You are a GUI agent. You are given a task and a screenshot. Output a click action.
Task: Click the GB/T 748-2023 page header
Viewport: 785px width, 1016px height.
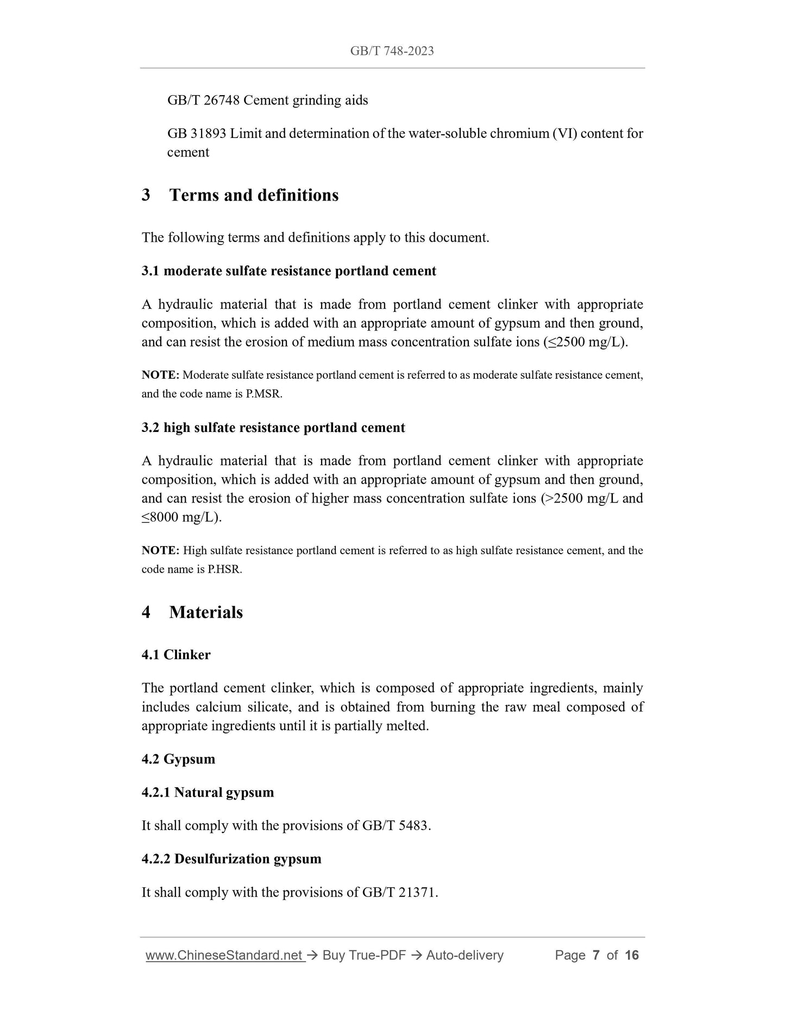click(392, 51)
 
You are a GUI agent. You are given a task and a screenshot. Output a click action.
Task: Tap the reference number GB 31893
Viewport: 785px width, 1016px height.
click(196, 134)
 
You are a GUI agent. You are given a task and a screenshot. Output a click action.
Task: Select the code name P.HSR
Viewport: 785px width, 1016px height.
click(224, 569)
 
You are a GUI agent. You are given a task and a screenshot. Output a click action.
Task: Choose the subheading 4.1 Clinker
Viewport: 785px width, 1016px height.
click(175, 655)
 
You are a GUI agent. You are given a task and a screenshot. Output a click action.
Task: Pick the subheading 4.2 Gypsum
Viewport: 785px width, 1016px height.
click(178, 759)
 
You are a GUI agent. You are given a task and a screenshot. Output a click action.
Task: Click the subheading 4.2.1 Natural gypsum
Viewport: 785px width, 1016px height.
click(208, 792)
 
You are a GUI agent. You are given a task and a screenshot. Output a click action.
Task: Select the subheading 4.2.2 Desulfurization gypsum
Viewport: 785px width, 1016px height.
click(231, 859)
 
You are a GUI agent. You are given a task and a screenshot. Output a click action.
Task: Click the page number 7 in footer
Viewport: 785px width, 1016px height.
click(596, 956)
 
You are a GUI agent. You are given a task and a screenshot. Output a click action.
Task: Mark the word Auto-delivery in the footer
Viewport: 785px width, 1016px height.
click(464, 956)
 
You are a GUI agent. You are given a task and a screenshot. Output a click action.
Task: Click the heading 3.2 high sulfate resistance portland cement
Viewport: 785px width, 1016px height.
click(273, 428)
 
